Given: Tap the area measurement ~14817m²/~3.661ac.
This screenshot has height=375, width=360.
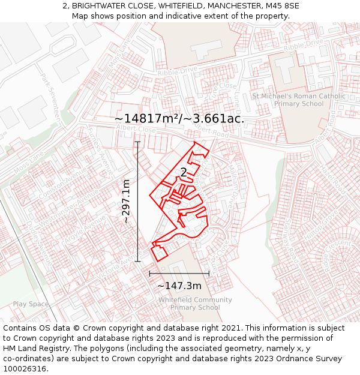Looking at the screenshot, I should click(179, 118).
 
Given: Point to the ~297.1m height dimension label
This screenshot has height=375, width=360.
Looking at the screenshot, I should click(127, 202).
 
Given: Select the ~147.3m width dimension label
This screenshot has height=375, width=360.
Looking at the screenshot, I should click(179, 286).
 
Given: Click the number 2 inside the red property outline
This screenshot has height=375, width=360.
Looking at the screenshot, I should click(184, 173).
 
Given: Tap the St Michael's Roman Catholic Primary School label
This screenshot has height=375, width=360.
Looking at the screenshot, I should click(299, 100).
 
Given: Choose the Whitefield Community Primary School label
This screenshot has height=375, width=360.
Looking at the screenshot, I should click(195, 304).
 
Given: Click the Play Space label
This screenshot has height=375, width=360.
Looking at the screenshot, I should click(31, 304).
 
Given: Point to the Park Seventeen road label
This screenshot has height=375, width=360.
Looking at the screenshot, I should click(50, 96).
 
